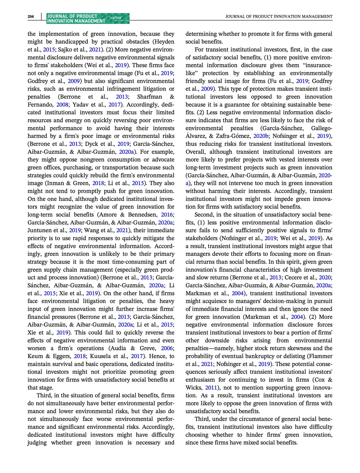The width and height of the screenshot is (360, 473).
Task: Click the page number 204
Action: [x=31, y=16]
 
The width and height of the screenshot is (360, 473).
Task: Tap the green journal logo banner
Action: [x=88, y=18]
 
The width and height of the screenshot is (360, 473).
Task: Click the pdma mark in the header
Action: [x=117, y=17]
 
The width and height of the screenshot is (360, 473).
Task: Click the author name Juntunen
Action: [x=39, y=230]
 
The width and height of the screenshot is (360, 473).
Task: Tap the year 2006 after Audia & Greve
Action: [x=167, y=348]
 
